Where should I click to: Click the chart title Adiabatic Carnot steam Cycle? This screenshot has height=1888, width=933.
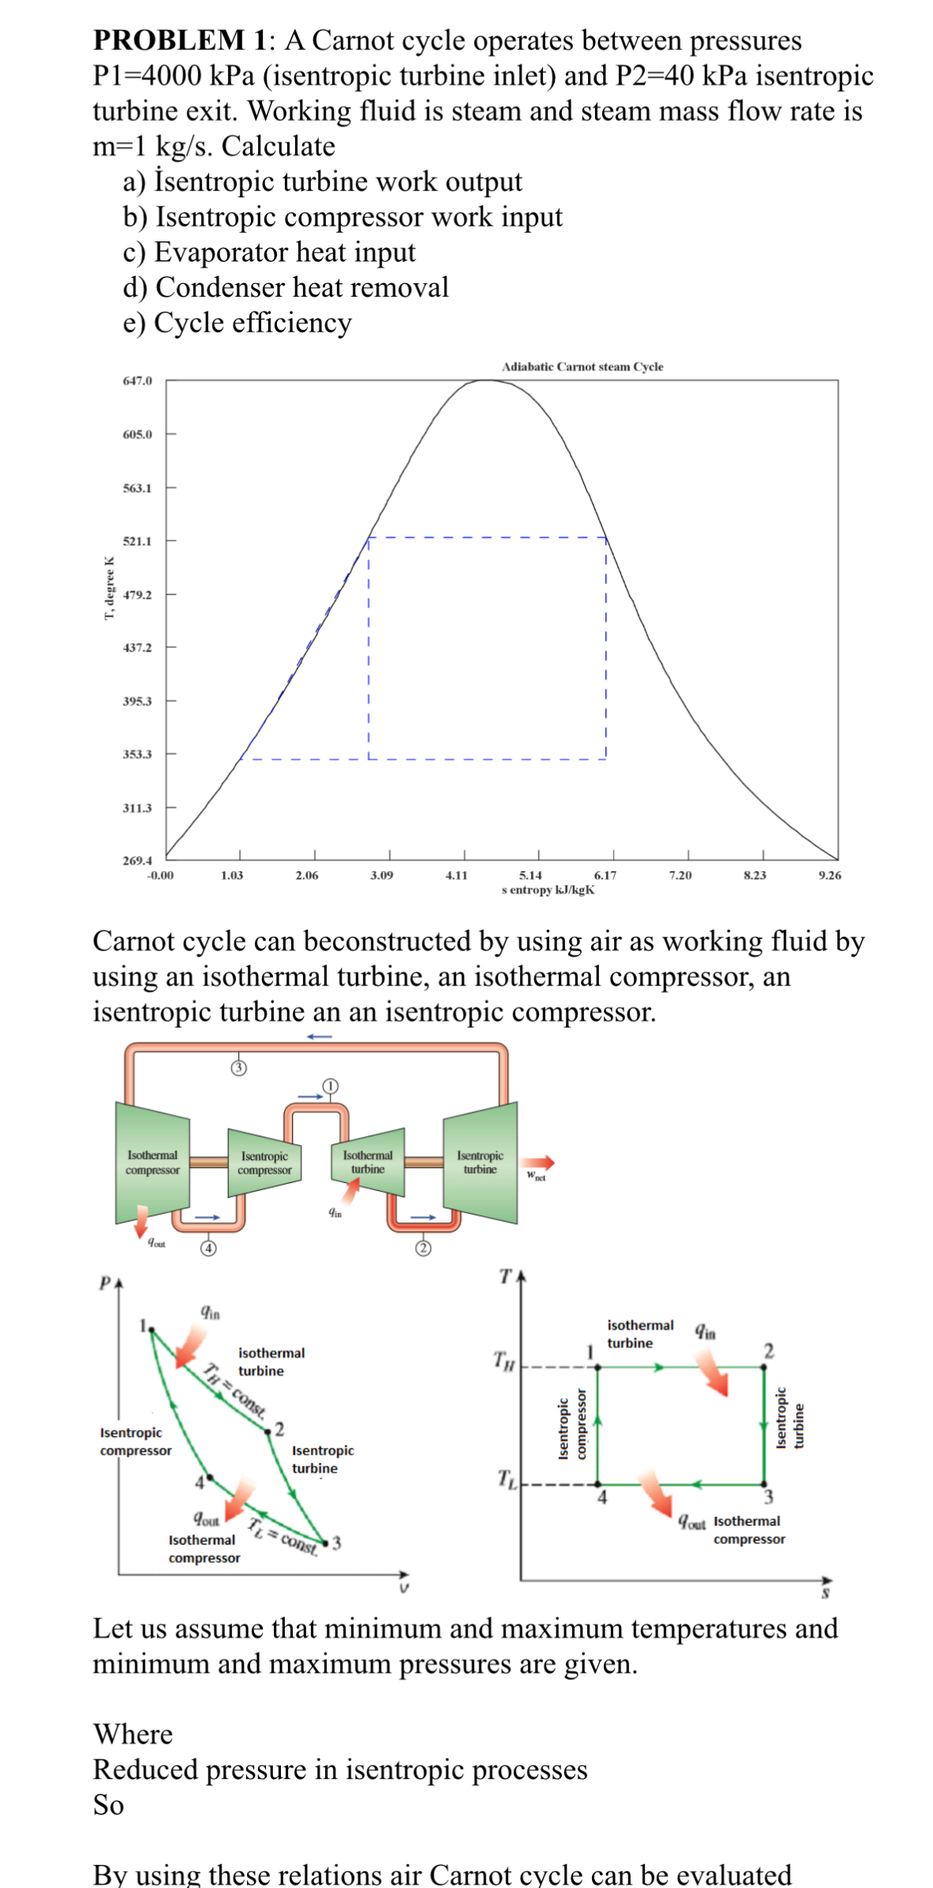point(582,367)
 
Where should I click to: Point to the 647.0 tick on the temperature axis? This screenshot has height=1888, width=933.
point(137,381)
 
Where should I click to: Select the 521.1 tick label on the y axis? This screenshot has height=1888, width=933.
point(137,541)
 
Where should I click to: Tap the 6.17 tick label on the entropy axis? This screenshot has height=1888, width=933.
point(605,875)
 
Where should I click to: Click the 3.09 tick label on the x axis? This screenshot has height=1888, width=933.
point(381,875)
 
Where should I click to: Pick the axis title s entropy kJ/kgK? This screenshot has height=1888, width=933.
point(548,890)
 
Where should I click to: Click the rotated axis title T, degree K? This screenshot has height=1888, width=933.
point(109,590)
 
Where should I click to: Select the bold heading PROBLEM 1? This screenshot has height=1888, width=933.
point(180,40)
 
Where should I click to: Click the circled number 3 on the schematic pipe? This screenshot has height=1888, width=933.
point(238,1068)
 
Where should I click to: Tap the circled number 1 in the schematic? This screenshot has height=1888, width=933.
point(330,1086)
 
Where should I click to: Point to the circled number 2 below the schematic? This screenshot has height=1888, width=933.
point(423,1248)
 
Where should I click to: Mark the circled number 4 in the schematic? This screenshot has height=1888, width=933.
point(207,1248)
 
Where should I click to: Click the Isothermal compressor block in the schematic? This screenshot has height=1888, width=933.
point(153,1162)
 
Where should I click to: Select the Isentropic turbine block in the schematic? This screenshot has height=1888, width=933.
point(480,1162)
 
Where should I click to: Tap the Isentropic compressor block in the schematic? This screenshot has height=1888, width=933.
point(265,1163)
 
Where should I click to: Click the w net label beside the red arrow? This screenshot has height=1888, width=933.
point(536,1176)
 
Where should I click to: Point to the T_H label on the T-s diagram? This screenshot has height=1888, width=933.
point(504,1359)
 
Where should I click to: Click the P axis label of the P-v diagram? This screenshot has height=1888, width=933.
point(104,1283)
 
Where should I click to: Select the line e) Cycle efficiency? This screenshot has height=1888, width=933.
point(237,323)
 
